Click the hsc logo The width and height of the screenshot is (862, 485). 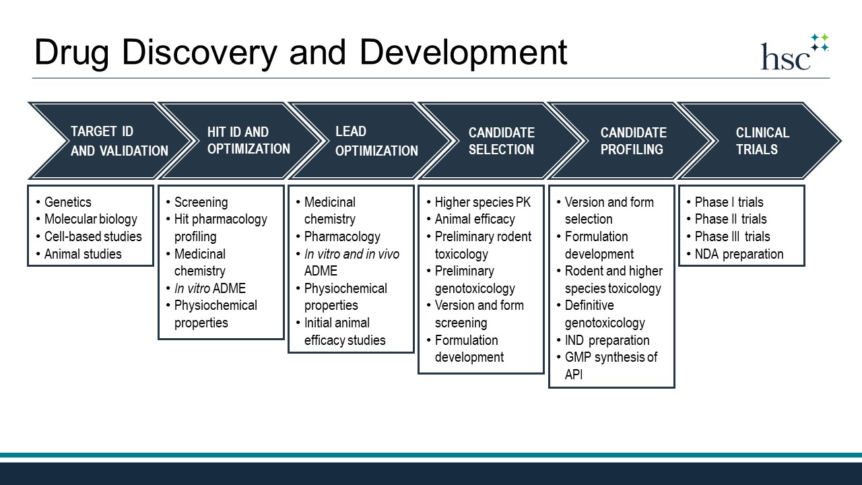click(x=795, y=52)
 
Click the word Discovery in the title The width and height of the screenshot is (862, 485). click(x=199, y=53)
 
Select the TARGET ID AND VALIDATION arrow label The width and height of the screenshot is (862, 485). click(x=119, y=141)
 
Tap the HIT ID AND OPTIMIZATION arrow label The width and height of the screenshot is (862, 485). click(x=248, y=141)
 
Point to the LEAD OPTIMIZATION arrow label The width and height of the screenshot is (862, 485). click(x=376, y=141)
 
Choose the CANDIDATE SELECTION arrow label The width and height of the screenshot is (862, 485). click(x=502, y=141)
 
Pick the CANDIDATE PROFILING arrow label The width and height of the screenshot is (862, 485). click(x=634, y=141)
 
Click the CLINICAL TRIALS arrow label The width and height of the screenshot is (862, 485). click(x=762, y=141)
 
